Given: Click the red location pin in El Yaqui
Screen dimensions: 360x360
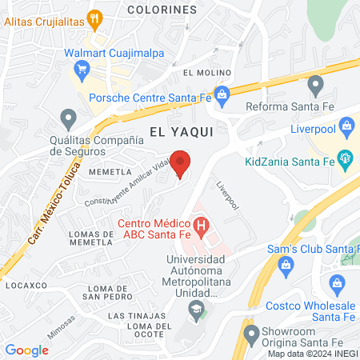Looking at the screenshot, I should click(x=182, y=162).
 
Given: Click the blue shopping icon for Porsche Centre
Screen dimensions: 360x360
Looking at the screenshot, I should click(x=222, y=93).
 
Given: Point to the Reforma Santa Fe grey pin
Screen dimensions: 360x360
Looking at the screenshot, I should click(x=314, y=83).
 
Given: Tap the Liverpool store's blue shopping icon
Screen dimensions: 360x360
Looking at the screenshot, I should click(x=347, y=124).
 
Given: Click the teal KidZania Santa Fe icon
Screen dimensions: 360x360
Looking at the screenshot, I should click(x=346, y=157).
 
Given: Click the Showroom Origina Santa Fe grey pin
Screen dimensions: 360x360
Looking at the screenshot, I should click(x=249, y=331).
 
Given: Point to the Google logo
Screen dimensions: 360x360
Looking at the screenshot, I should click(x=26, y=350).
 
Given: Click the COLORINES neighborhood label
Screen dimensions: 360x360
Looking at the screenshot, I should click(x=160, y=10).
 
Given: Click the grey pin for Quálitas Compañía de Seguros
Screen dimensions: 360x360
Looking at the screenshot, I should click(x=67, y=119).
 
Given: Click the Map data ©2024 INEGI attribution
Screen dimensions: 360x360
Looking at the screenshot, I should click(x=310, y=354).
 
